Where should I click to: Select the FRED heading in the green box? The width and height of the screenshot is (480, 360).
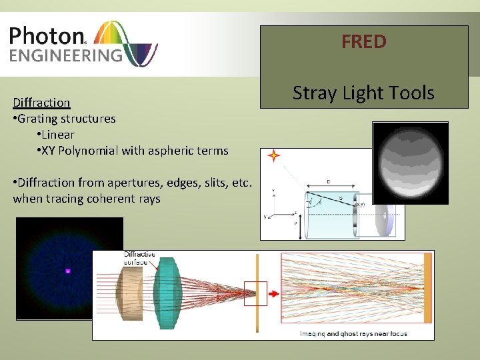point(363,42)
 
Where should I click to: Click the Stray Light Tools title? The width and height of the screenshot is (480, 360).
point(363,93)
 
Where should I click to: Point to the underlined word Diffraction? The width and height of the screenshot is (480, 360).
point(41,102)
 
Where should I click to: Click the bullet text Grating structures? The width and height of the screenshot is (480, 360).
point(67,119)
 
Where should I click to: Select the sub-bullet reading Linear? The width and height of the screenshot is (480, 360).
point(58,135)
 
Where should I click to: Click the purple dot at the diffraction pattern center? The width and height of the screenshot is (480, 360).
point(67,271)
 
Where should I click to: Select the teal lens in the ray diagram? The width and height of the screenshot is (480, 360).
point(167,293)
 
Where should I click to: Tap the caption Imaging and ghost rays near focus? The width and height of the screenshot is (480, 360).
point(353,333)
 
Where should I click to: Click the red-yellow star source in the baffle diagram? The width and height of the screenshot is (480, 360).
point(272,157)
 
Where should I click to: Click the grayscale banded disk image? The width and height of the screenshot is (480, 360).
point(410,162)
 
